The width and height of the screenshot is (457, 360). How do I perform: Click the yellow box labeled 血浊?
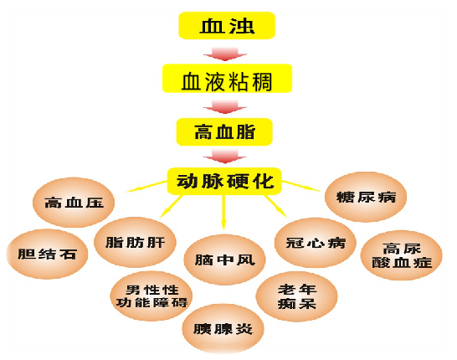(x=227, y=25)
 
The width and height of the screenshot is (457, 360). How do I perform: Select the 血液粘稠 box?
(x=227, y=79)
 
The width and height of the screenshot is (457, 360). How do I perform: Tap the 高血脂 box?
(x=224, y=131)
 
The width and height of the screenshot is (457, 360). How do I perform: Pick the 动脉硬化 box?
(x=224, y=181)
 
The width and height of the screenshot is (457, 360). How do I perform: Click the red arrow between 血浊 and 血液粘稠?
(x=225, y=54)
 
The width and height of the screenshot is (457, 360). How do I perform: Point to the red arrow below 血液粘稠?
(x=225, y=107)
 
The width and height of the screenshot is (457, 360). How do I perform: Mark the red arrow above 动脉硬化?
(x=224, y=156)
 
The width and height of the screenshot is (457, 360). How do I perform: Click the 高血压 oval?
(x=74, y=203)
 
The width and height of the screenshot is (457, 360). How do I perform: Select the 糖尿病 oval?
(x=366, y=197)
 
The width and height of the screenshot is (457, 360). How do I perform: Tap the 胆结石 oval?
(x=47, y=254)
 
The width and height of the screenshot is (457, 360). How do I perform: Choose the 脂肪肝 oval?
(x=135, y=242)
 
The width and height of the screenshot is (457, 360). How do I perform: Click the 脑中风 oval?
(x=224, y=260)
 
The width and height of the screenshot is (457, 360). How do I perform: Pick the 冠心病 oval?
(x=316, y=243)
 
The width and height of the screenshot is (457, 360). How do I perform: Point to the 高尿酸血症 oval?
(x=402, y=255)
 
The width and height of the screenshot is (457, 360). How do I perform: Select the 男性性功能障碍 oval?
(x=151, y=296)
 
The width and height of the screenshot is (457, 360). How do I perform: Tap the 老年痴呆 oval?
(x=296, y=296)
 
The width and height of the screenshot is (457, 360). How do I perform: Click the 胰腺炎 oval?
(x=223, y=329)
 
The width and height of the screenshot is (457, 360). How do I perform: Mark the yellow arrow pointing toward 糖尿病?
(x=301, y=186)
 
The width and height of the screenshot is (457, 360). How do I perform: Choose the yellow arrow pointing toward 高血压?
(x=146, y=187)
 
